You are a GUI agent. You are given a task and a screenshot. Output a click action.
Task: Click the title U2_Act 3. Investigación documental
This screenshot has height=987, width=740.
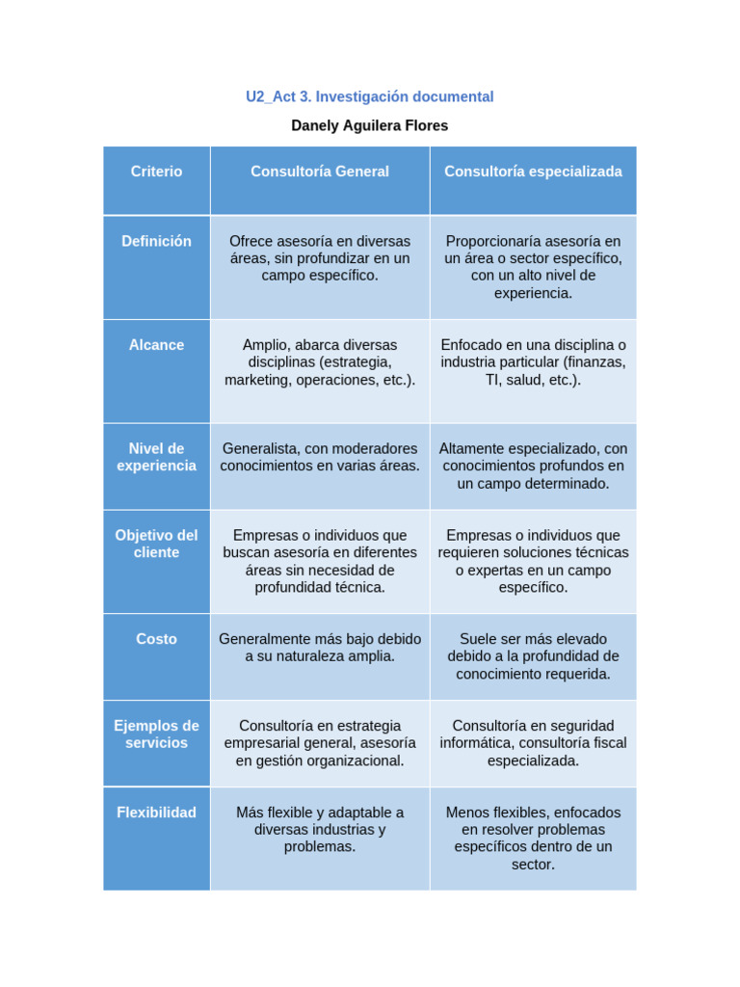click(369, 96)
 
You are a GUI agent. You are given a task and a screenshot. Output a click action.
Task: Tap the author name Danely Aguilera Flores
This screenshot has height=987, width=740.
click(369, 125)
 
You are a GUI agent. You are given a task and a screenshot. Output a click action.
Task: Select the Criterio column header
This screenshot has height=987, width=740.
click(156, 172)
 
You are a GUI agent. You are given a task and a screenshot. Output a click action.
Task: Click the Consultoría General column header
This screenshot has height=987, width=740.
click(320, 172)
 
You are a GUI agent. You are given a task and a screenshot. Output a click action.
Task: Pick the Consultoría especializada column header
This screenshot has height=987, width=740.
click(533, 172)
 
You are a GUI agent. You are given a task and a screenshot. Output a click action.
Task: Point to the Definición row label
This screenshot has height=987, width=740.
click(156, 241)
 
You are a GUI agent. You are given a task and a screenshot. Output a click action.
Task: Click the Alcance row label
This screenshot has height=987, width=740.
click(156, 345)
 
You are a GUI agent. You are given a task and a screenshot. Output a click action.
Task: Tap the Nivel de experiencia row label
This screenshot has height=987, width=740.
click(156, 457)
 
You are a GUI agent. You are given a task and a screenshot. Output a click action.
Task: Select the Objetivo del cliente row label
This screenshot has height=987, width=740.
click(156, 544)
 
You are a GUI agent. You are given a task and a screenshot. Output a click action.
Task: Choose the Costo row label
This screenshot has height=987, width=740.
click(156, 639)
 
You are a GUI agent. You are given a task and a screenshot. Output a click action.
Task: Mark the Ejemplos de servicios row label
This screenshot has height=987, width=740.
click(156, 734)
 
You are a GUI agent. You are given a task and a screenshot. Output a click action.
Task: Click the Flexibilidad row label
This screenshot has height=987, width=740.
click(156, 813)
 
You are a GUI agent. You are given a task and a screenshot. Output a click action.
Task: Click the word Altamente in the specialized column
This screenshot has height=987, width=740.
click(470, 449)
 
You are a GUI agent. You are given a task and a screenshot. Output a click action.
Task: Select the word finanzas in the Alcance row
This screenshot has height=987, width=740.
click(595, 362)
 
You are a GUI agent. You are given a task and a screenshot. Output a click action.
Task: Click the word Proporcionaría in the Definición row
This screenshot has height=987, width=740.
click(494, 241)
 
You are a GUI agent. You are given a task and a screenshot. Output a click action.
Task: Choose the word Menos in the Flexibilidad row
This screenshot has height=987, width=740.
click(465, 813)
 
